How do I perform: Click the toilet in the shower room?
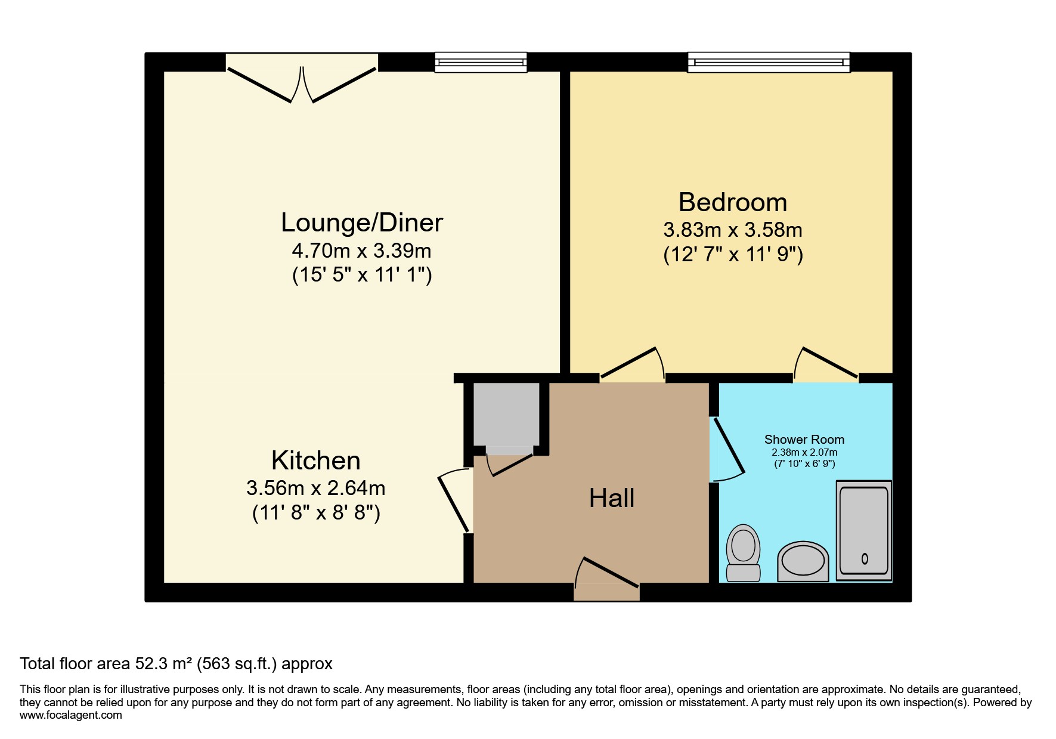(743, 552)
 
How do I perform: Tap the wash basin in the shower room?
(803, 561)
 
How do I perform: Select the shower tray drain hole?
(865, 559)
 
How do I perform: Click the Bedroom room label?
(733, 203)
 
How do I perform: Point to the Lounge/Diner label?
(361, 223)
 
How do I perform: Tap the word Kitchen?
(315, 461)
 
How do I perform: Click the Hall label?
(611, 498)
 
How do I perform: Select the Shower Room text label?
(804, 440)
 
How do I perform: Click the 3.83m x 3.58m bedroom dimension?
(733, 230)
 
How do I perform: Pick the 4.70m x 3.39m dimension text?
(361, 251)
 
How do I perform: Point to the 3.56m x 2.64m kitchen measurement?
(315, 488)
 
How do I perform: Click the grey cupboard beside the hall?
(506, 415)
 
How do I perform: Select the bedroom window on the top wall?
(768, 62)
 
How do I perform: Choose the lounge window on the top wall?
(481, 62)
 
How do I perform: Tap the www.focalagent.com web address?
(70, 715)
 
